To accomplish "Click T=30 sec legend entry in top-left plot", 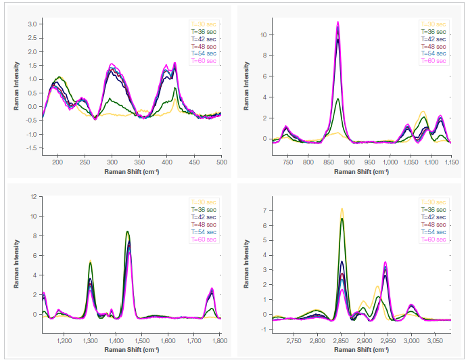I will pos(203,24).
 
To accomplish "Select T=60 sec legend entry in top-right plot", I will pos(433,61).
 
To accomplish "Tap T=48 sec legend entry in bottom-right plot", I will pos(433,224).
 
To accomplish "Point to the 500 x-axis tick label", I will pos(221,162).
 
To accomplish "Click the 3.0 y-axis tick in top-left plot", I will pos(32,24).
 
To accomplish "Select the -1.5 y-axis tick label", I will pos(30,148).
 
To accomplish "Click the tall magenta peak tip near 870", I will pos(337,22).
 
